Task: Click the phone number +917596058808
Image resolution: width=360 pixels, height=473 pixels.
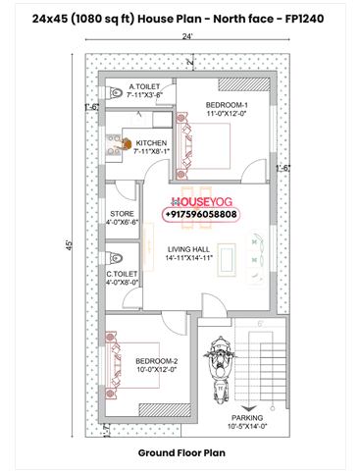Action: coord(201,214)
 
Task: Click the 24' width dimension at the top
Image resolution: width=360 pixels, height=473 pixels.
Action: coord(186,35)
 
